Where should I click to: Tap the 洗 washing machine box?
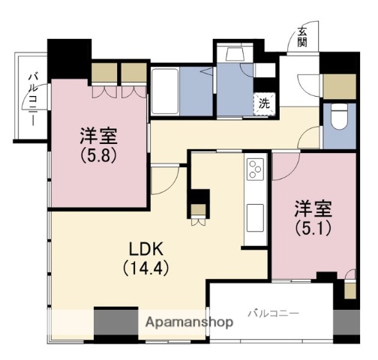[264, 104]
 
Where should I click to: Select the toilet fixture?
[338, 117]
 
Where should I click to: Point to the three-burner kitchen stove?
[254, 170]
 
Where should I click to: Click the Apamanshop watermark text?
[189, 322]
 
